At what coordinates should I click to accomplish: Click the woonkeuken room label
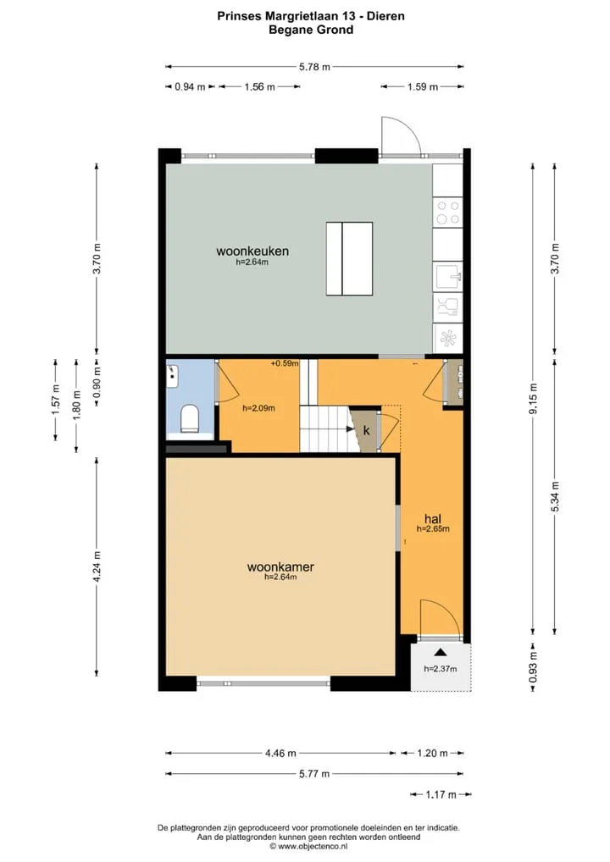[252, 251]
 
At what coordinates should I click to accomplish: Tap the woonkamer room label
[280, 566]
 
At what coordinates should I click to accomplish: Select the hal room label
[433, 518]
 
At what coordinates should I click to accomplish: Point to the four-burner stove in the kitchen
[447, 213]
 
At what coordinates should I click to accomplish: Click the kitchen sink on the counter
[448, 277]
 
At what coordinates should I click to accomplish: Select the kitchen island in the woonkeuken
[349, 258]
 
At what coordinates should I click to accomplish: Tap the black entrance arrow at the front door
[440, 652]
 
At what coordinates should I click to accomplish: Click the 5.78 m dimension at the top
[314, 67]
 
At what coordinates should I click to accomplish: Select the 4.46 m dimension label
[280, 753]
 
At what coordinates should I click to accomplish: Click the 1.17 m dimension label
[441, 794]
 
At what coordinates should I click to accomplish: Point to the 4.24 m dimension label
[97, 566]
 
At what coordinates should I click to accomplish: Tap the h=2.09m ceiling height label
[258, 408]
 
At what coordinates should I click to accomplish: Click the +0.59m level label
[285, 363]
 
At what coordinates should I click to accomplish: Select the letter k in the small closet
[366, 430]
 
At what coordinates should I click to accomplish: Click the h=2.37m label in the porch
[440, 669]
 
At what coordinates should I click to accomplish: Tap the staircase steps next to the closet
[324, 428]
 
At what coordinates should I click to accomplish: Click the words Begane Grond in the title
[311, 30]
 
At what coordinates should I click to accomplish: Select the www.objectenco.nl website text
[313, 847]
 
